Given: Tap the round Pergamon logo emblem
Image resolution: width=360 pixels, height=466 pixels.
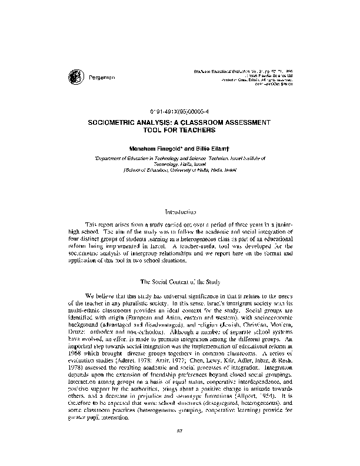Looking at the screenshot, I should (74, 78).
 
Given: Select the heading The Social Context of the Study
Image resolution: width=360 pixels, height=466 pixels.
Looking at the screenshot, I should (180, 282).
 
